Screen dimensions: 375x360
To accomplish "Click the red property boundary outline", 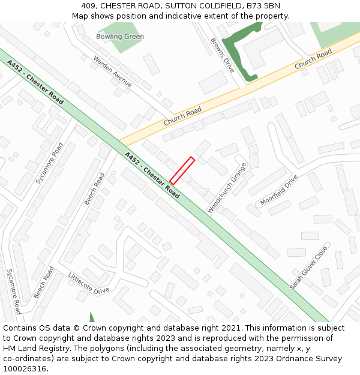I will [182, 170].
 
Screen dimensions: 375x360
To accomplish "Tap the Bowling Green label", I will [120, 37].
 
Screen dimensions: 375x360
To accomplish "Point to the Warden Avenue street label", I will [113, 71].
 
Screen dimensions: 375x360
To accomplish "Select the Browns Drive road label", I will [222, 55].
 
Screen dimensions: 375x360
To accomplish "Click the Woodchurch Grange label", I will [227, 187].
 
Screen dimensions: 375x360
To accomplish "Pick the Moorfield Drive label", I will [279, 190].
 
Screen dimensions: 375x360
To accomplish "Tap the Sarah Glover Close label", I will [309, 267].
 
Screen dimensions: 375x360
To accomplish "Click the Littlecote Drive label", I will [89, 283].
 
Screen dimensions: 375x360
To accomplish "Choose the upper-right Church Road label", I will [313, 61].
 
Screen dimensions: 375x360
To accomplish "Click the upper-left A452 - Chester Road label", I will [35, 82].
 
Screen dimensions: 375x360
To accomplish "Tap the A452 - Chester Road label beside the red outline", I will [152, 175].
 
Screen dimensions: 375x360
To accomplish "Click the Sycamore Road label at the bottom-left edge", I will [13, 292].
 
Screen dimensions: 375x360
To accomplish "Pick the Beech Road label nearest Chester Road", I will [94, 188].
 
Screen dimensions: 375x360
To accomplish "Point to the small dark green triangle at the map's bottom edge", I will [92, 317].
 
